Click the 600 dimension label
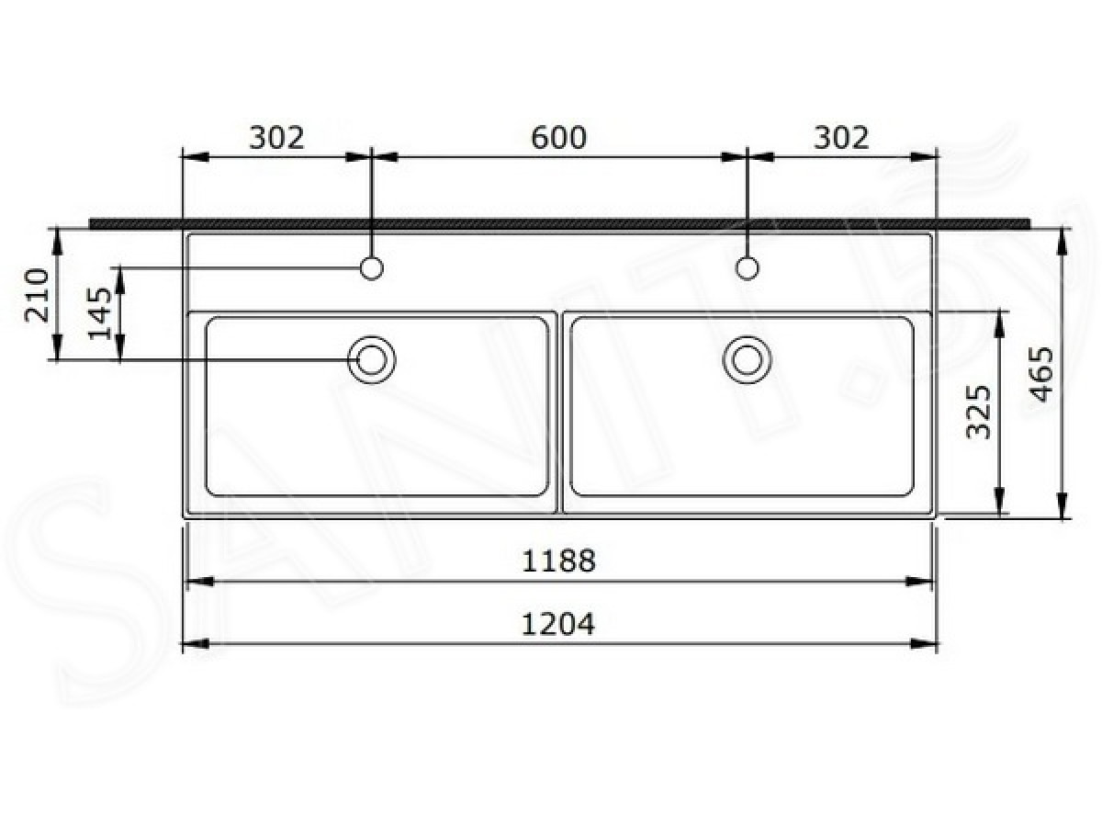tap(558, 138)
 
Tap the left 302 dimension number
tap(276, 138)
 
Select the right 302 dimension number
tap(841, 138)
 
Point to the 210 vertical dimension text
tap(38, 295)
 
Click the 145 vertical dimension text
tap(100, 314)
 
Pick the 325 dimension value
tap(980, 412)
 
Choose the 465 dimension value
tap(1041, 374)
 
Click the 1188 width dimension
tap(558, 561)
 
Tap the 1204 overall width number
tap(558, 625)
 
